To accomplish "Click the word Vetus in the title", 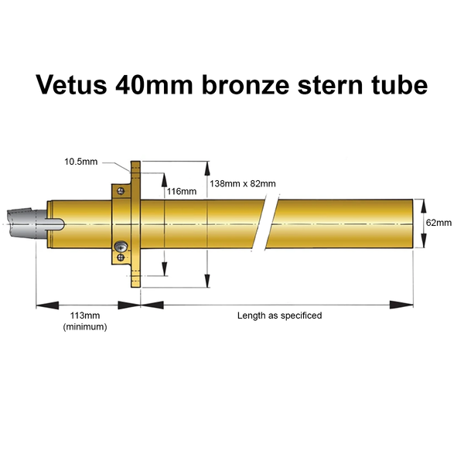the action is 71,84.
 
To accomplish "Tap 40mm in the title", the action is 154,84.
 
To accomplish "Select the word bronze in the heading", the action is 246,84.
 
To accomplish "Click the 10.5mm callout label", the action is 80,162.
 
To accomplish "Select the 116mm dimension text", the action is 182,192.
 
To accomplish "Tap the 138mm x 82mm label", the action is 243,184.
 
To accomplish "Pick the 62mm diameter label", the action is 438,223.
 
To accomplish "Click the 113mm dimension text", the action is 85,316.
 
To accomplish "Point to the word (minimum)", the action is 85,327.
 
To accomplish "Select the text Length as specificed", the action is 280,316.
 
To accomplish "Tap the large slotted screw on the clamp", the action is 121,246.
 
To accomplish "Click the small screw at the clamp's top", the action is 121,191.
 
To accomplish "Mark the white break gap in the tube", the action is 265,223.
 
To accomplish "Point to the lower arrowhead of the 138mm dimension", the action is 207,281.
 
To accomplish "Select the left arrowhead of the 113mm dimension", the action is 47,305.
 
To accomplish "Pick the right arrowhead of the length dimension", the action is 401,305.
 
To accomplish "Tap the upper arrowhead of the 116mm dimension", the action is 164,180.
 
